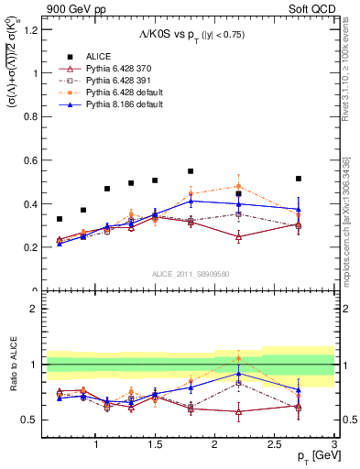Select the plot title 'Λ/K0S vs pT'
192,35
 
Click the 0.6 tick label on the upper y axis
32,160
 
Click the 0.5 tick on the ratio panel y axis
32,420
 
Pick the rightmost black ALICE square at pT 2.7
298,179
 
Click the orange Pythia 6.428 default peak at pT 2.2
238,186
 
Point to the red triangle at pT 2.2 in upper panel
238,236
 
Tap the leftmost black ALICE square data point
60,219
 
